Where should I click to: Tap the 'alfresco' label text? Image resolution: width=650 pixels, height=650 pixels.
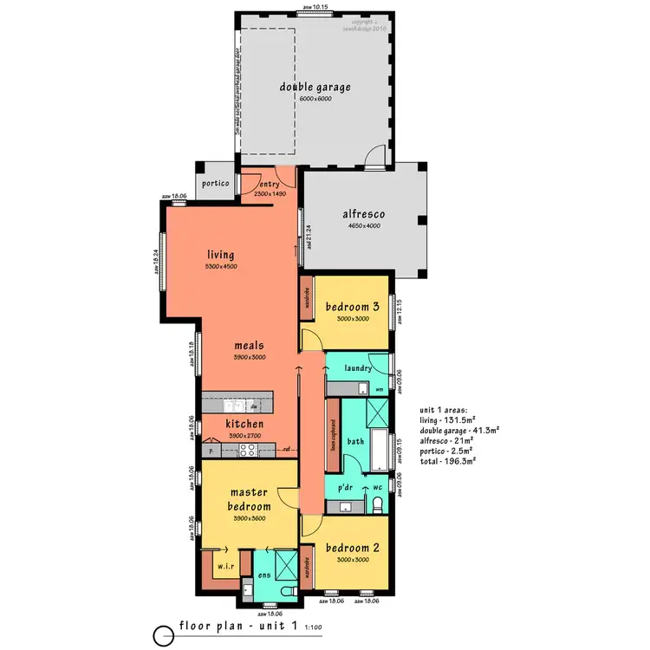point(363,214)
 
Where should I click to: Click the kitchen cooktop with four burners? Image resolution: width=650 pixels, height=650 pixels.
point(247,450)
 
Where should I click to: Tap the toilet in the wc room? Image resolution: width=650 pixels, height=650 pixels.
point(377,504)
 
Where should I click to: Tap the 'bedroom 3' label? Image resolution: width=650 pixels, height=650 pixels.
point(352,307)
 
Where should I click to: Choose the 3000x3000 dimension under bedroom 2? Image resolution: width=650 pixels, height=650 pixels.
point(352,559)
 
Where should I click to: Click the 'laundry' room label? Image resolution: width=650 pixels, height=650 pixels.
point(358,368)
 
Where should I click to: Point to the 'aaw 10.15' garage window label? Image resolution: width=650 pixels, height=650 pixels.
point(315,7)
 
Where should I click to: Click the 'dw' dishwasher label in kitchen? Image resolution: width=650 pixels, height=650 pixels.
point(254,406)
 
